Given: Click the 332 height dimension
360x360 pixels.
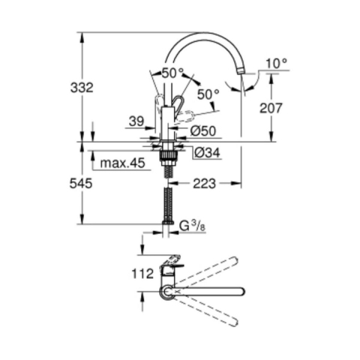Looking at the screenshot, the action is pos(82,88).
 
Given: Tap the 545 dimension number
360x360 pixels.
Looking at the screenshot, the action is pos(81,184).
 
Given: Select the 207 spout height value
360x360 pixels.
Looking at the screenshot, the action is pos(271,108).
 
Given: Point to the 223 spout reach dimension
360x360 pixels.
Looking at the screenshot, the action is pos(204,184).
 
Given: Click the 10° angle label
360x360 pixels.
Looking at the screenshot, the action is pos(277,64).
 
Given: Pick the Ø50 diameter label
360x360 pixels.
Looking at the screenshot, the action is pos(203,130).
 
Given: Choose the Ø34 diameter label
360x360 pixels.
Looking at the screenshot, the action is pos(207,152).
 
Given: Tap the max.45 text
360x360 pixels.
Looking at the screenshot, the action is pos(122,163).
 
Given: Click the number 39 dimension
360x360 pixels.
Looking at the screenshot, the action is pos(136,121).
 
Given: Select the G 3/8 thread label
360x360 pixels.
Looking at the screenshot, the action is pos(192,226).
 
